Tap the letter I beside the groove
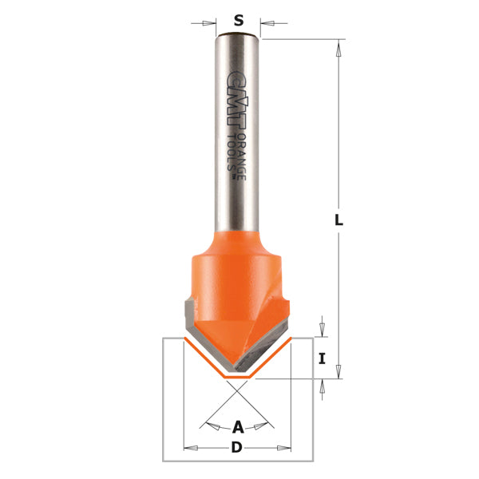point(322,359)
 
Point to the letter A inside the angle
point(237,427)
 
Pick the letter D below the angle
point(236,448)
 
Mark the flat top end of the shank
point(238,34)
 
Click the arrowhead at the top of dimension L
point(338,47)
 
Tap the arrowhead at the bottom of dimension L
point(338,371)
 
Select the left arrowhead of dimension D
point(188,448)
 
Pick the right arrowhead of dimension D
point(286,448)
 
